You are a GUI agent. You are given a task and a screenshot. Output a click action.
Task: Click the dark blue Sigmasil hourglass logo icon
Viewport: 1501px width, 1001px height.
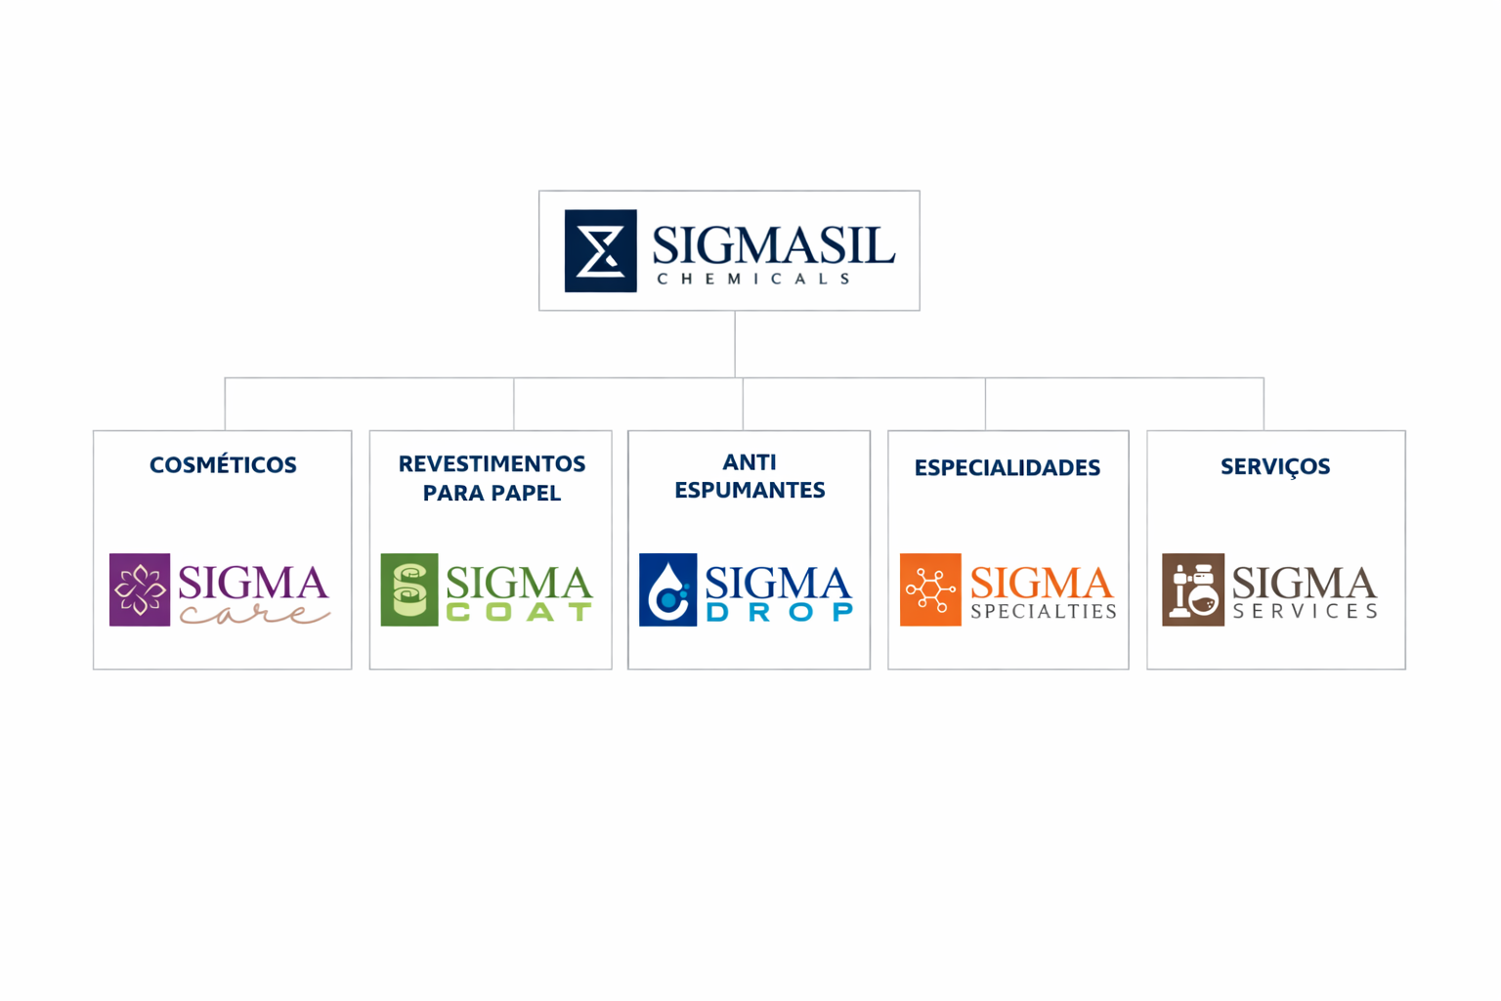[x=600, y=250]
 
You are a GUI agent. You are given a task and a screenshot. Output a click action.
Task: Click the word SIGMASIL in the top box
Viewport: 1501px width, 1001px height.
[x=773, y=244]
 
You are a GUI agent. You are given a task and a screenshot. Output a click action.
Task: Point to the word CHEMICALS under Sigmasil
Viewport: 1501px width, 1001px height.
[x=753, y=280]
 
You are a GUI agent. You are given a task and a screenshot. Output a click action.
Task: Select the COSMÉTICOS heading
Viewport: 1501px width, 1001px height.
[x=223, y=465]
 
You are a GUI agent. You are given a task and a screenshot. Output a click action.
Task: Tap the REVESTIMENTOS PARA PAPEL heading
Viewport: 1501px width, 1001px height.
[x=492, y=478]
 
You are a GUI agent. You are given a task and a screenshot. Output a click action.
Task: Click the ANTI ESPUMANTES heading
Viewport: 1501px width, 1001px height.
[x=750, y=476]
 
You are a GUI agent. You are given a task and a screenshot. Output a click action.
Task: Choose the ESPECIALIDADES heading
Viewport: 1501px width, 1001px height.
[x=1008, y=468]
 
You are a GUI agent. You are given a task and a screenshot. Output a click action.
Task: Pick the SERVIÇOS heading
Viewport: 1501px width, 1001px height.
[x=1275, y=467]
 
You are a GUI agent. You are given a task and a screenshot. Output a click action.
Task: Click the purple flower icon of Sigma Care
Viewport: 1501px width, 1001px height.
[x=140, y=589]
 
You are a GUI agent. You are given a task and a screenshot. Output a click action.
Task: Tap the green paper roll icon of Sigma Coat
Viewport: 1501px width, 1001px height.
[x=409, y=589]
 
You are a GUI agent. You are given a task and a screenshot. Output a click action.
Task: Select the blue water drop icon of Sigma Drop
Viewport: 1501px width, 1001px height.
[x=667, y=589]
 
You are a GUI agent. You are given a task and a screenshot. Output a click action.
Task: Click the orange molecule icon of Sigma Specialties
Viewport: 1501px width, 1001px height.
[x=930, y=589]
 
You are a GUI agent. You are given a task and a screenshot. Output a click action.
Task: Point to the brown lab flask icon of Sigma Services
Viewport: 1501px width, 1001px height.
[x=1192, y=589]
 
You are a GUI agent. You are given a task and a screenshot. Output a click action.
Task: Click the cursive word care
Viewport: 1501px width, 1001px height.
[x=254, y=615]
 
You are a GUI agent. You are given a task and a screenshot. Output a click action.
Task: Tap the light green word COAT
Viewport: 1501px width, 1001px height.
[x=519, y=613]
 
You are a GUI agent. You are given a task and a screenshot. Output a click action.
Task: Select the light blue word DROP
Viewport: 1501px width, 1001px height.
[x=779, y=613]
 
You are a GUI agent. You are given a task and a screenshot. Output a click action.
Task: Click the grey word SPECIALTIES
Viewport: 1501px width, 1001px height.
[x=1044, y=612]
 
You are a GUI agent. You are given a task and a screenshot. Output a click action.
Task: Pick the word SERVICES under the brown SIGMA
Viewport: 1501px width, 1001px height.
[x=1305, y=612]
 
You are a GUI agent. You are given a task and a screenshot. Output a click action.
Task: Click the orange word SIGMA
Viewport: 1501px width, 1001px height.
[x=1042, y=584]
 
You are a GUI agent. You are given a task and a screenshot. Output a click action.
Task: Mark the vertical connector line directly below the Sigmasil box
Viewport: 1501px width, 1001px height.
[x=735, y=344]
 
